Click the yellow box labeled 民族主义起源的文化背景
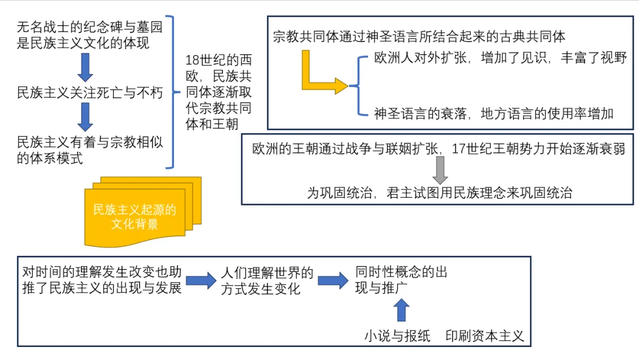click(135, 217)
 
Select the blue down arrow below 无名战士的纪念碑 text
click(86, 67)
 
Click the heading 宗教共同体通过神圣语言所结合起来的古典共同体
click(419, 37)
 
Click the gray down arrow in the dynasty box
click(440, 170)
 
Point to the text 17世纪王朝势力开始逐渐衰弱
click(538, 149)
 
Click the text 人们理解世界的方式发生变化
click(267, 281)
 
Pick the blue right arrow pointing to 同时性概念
click(333, 280)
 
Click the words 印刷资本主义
click(485, 336)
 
